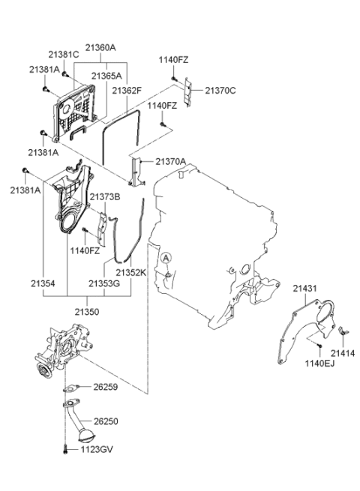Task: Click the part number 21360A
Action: click(x=100, y=47)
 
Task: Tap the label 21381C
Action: click(x=64, y=55)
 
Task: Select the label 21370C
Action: click(x=220, y=91)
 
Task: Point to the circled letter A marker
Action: click(x=166, y=258)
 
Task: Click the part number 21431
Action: click(x=304, y=289)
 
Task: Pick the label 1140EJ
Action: click(x=320, y=364)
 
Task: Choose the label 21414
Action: click(x=343, y=353)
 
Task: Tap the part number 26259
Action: click(x=106, y=387)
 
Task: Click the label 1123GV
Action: click(x=97, y=450)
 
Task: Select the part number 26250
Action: click(x=106, y=421)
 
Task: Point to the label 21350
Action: click(x=87, y=312)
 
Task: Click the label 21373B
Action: click(x=105, y=197)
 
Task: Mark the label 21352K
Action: click(x=131, y=273)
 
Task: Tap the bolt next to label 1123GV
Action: click(x=65, y=450)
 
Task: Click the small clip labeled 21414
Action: click(x=343, y=331)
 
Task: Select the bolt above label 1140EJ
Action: click(x=319, y=346)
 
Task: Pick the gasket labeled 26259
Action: click(x=70, y=388)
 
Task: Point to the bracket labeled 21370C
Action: click(x=187, y=92)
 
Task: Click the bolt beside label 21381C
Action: click(x=64, y=74)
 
